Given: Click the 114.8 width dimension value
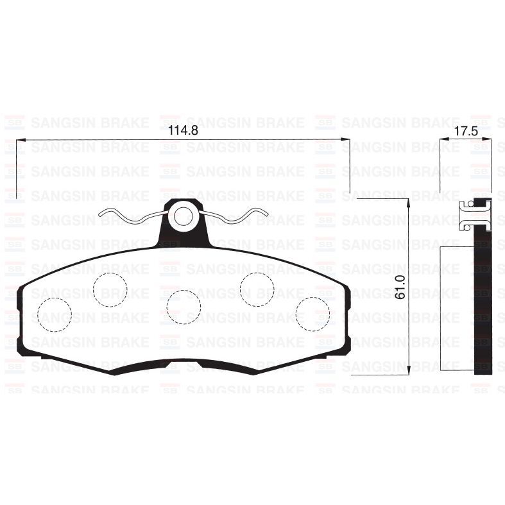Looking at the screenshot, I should [x=181, y=131].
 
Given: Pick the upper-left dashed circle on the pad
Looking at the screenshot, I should [x=110, y=289].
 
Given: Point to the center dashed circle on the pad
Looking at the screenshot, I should [x=184, y=307].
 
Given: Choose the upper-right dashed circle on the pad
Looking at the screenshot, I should [x=257, y=289].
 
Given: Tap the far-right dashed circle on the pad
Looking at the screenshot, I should [x=312, y=314].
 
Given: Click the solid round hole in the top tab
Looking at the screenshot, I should [x=185, y=215].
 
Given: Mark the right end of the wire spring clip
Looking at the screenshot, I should [x=266, y=216].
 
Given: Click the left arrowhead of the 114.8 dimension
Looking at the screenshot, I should [x=19, y=139].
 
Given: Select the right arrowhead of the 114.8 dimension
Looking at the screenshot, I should [x=347, y=139].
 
